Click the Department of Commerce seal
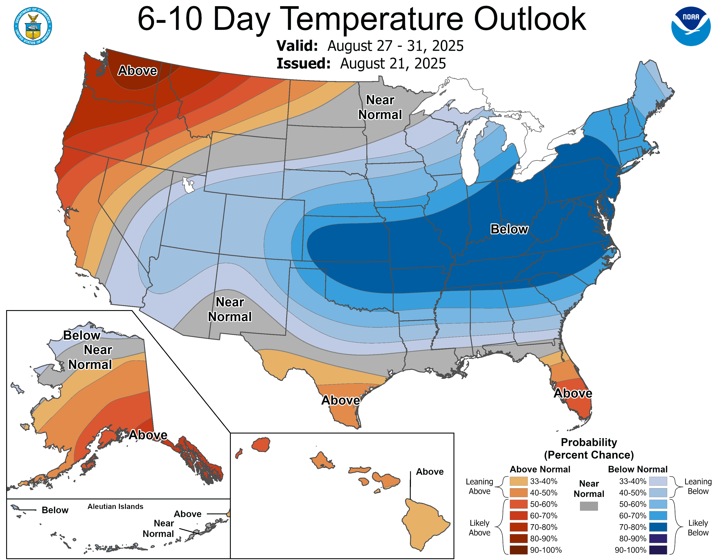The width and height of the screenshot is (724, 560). [x=33, y=26]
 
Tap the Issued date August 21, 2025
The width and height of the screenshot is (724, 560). [x=393, y=64]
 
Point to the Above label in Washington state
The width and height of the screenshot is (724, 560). [x=137, y=71]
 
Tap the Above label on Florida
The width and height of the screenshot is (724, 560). [x=573, y=393]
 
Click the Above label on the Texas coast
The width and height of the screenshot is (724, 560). [x=340, y=400]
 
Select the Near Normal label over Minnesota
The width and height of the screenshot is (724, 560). [x=380, y=107]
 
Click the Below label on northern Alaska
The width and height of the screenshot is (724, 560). [x=82, y=335]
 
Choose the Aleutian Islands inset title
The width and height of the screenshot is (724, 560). [x=115, y=506]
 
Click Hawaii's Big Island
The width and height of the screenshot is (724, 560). [x=424, y=524]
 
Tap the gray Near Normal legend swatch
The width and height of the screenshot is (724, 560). [x=589, y=506]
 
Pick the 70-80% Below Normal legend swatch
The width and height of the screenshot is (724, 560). [x=658, y=527]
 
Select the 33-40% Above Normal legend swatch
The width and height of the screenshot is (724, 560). [x=518, y=481]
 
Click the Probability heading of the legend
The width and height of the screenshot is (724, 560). [x=589, y=442]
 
